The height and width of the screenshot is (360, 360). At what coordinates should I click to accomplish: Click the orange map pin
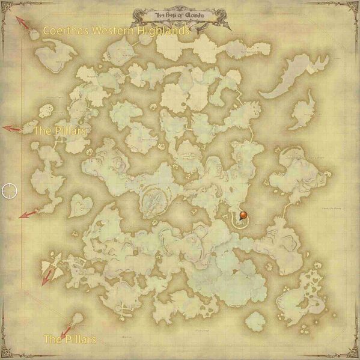pyautogui.click(x=243, y=215)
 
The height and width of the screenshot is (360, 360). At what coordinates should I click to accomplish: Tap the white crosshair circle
pyautogui.click(x=10, y=191)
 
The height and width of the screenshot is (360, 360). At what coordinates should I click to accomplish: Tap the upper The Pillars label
pyautogui.click(x=59, y=130)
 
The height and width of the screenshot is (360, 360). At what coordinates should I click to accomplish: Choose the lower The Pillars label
pyautogui.click(x=70, y=340)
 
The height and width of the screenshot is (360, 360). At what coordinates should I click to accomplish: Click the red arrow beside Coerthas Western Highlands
pyautogui.click(x=24, y=24)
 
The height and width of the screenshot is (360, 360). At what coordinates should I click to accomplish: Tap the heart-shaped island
pyautogui.click(x=78, y=207)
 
